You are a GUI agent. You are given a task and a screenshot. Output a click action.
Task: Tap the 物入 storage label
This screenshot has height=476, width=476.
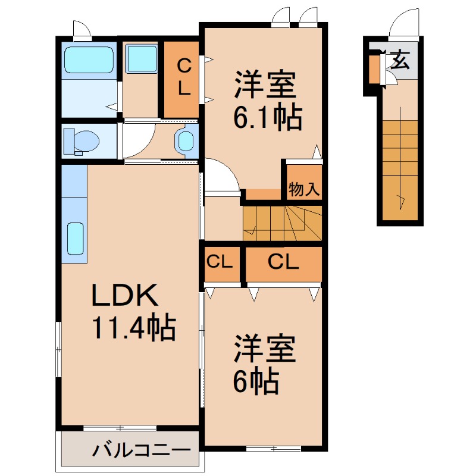point(304,190)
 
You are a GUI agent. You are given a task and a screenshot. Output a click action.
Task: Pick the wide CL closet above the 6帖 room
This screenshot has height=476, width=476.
point(283,262)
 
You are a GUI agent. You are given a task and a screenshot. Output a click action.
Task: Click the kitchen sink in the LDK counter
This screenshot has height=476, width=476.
point(76,238)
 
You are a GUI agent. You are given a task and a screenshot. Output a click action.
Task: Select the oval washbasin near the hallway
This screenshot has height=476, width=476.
point(185,142)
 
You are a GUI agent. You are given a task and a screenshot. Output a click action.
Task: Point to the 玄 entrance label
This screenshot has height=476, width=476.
point(400,61)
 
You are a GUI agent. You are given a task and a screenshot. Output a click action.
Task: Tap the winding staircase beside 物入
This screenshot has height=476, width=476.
point(282,223)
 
